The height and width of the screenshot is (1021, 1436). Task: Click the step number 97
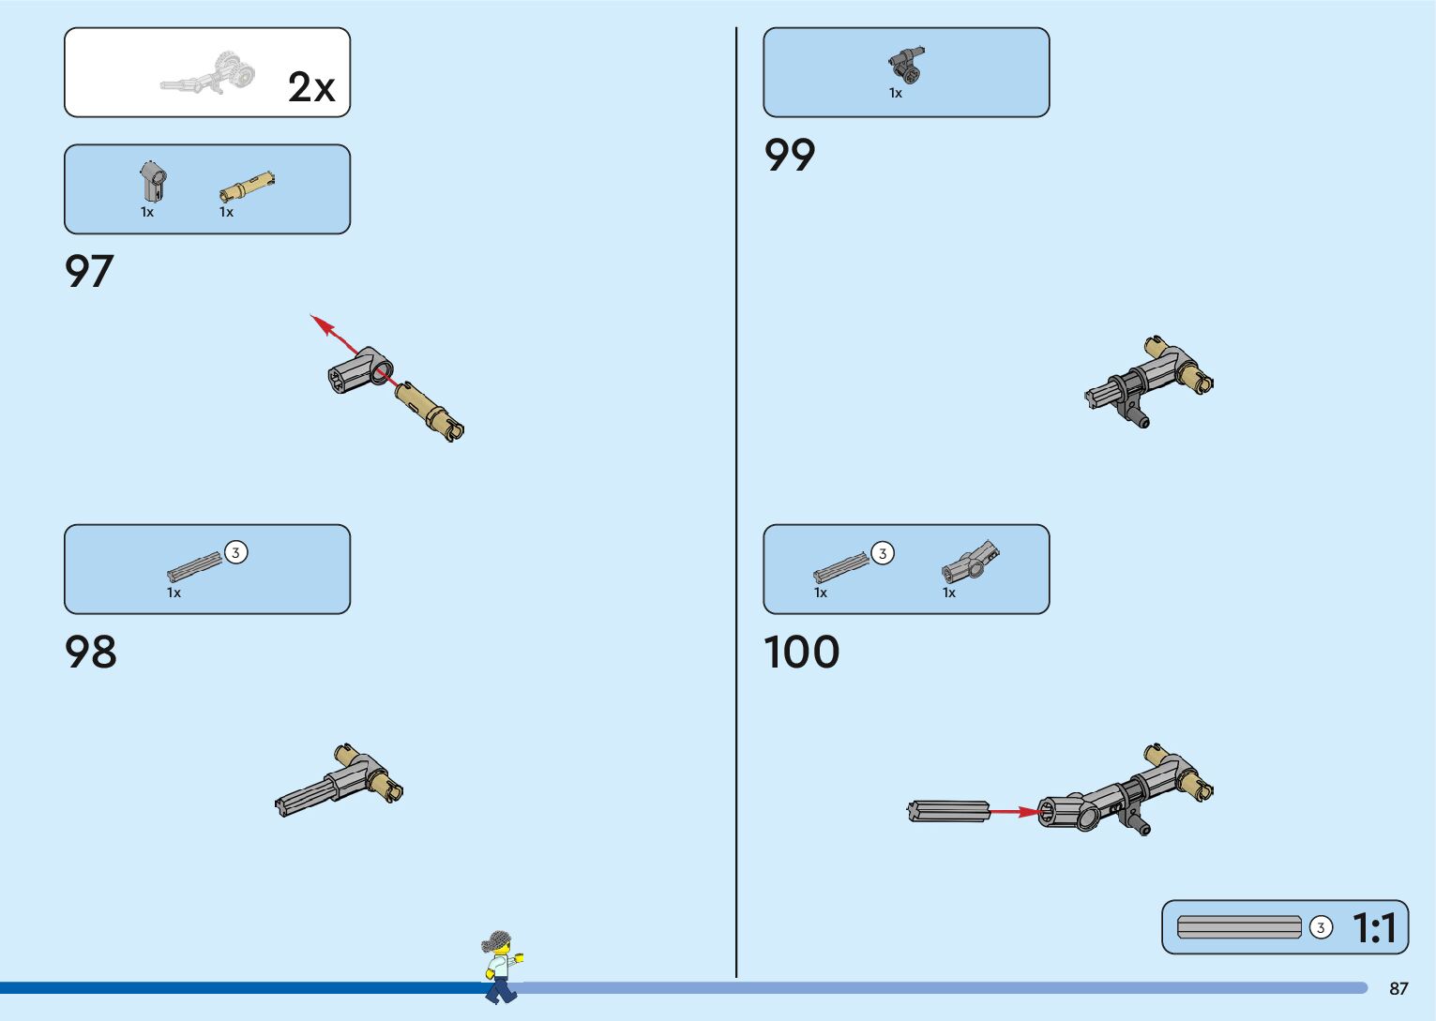89,271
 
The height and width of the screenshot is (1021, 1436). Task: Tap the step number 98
91,652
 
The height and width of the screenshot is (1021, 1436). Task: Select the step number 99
790,155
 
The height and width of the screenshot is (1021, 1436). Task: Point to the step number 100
802,652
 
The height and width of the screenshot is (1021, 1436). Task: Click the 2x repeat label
311,87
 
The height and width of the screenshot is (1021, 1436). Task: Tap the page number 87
1398,988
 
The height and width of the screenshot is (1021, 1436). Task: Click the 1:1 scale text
1374,928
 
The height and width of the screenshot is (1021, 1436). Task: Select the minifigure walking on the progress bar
500,967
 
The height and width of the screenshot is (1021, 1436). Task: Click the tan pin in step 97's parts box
248,186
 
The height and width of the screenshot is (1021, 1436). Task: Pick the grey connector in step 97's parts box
154,179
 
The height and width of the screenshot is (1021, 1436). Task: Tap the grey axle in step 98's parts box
195,565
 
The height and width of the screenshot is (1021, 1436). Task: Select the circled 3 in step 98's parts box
235,552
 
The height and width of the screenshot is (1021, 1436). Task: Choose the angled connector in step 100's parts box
970,562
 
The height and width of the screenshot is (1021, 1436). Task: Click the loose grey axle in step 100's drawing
948,811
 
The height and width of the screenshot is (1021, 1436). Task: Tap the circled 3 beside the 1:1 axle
1321,927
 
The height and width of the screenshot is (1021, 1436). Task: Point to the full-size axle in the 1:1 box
1239,927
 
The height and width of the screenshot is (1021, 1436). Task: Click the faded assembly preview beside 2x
209,75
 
